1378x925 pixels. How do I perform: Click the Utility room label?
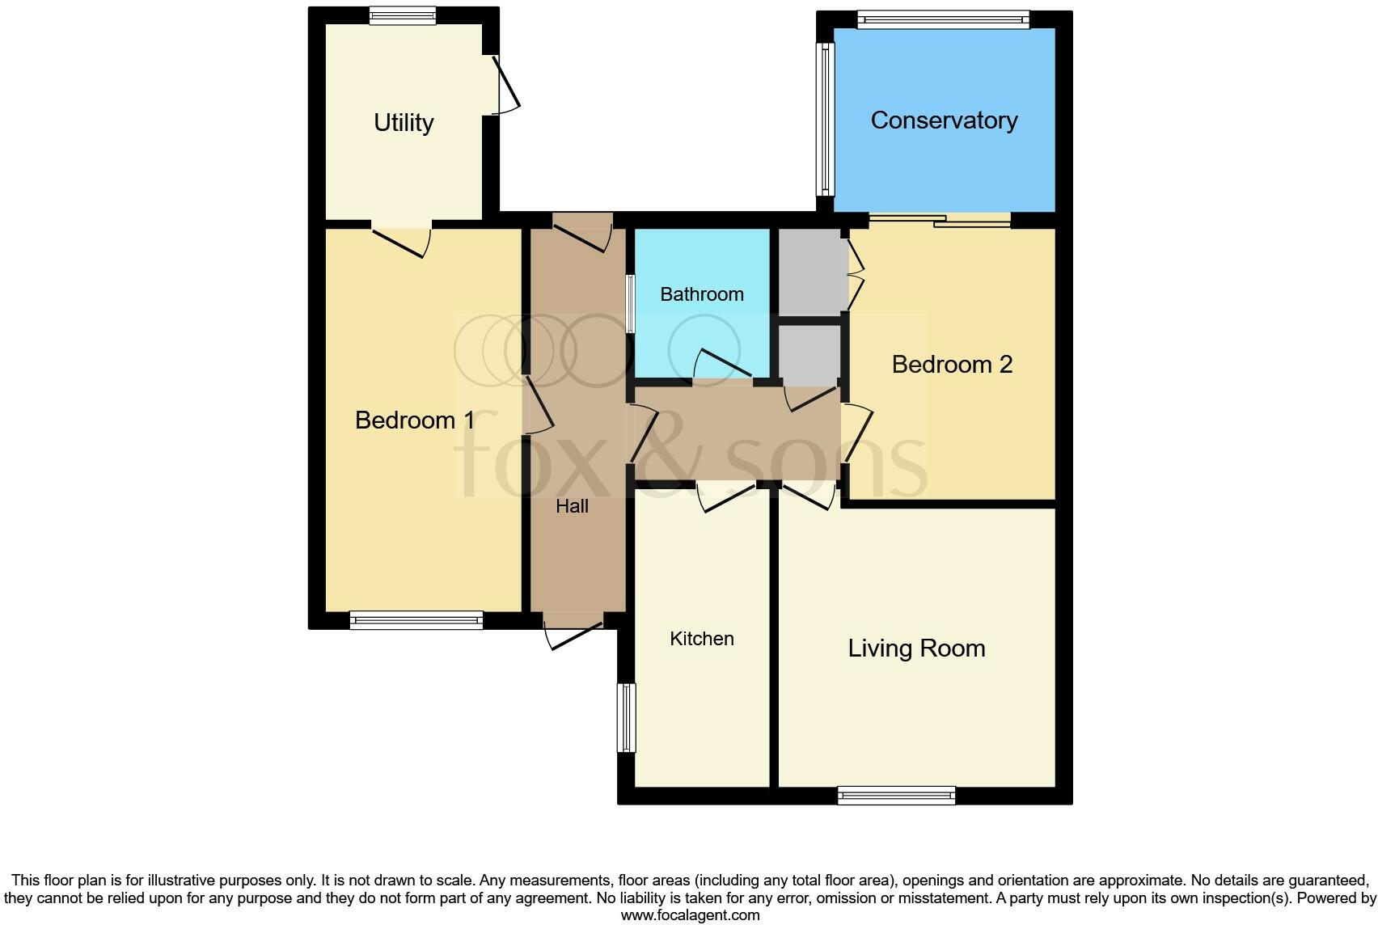(404, 123)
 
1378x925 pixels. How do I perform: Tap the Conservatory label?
(944, 120)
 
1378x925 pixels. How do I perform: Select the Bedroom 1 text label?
(415, 420)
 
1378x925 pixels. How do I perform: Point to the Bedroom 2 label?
(952, 365)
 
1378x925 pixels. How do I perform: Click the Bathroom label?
(702, 294)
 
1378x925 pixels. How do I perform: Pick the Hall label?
(572, 507)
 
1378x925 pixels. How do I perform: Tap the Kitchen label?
(702, 639)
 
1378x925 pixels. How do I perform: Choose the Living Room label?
(916, 648)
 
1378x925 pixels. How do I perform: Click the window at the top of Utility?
(403, 15)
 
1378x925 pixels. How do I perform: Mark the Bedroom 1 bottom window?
(416, 621)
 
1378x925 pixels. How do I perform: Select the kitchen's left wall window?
(627, 718)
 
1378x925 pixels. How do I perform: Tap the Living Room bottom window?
(896, 796)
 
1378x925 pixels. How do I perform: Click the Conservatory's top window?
(943, 19)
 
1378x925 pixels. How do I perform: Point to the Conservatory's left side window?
(825, 119)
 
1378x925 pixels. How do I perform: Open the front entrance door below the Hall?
(573, 631)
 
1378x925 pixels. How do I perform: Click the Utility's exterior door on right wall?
(503, 86)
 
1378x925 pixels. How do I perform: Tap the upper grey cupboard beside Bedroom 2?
(810, 272)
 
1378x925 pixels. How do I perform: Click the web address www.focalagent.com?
(690, 915)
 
